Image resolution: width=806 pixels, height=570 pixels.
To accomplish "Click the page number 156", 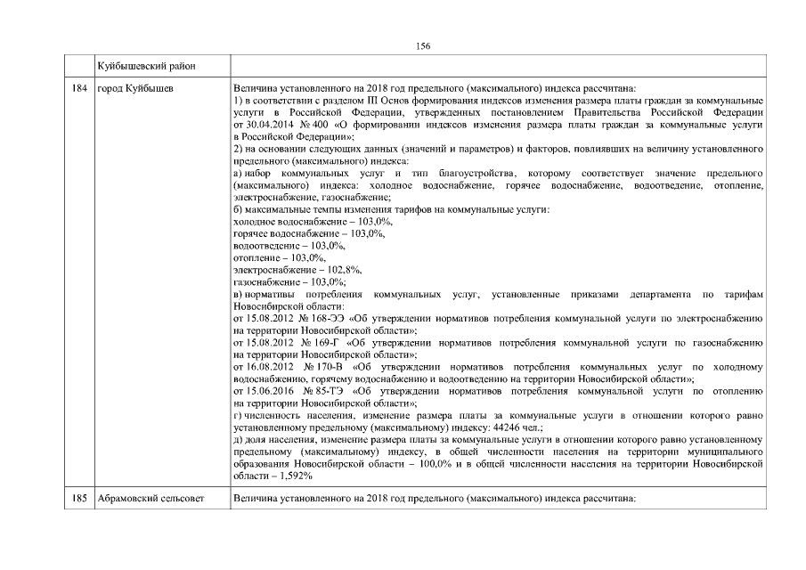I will (x=423, y=46).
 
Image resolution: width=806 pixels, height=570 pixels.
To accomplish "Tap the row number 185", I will (x=78, y=497).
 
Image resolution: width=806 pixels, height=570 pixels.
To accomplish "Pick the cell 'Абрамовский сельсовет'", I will (x=150, y=497).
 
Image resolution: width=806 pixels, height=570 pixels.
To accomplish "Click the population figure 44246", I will (x=476, y=427).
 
